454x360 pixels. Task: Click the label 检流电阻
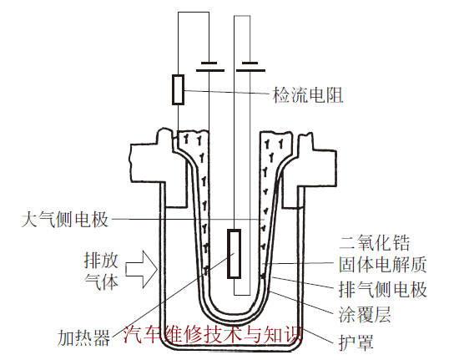tap(309, 94)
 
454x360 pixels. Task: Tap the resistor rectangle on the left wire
tap(178, 89)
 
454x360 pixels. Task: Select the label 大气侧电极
tap(64, 220)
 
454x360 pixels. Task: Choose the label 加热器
tap(84, 337)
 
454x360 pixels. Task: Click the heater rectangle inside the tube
tap(235, 254)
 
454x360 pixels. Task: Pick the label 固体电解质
tap(383, 266)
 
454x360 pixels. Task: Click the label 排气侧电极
tap(383, 291)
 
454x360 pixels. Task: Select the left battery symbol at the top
tap(209, 67)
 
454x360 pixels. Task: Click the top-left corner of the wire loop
tap(178, 12)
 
